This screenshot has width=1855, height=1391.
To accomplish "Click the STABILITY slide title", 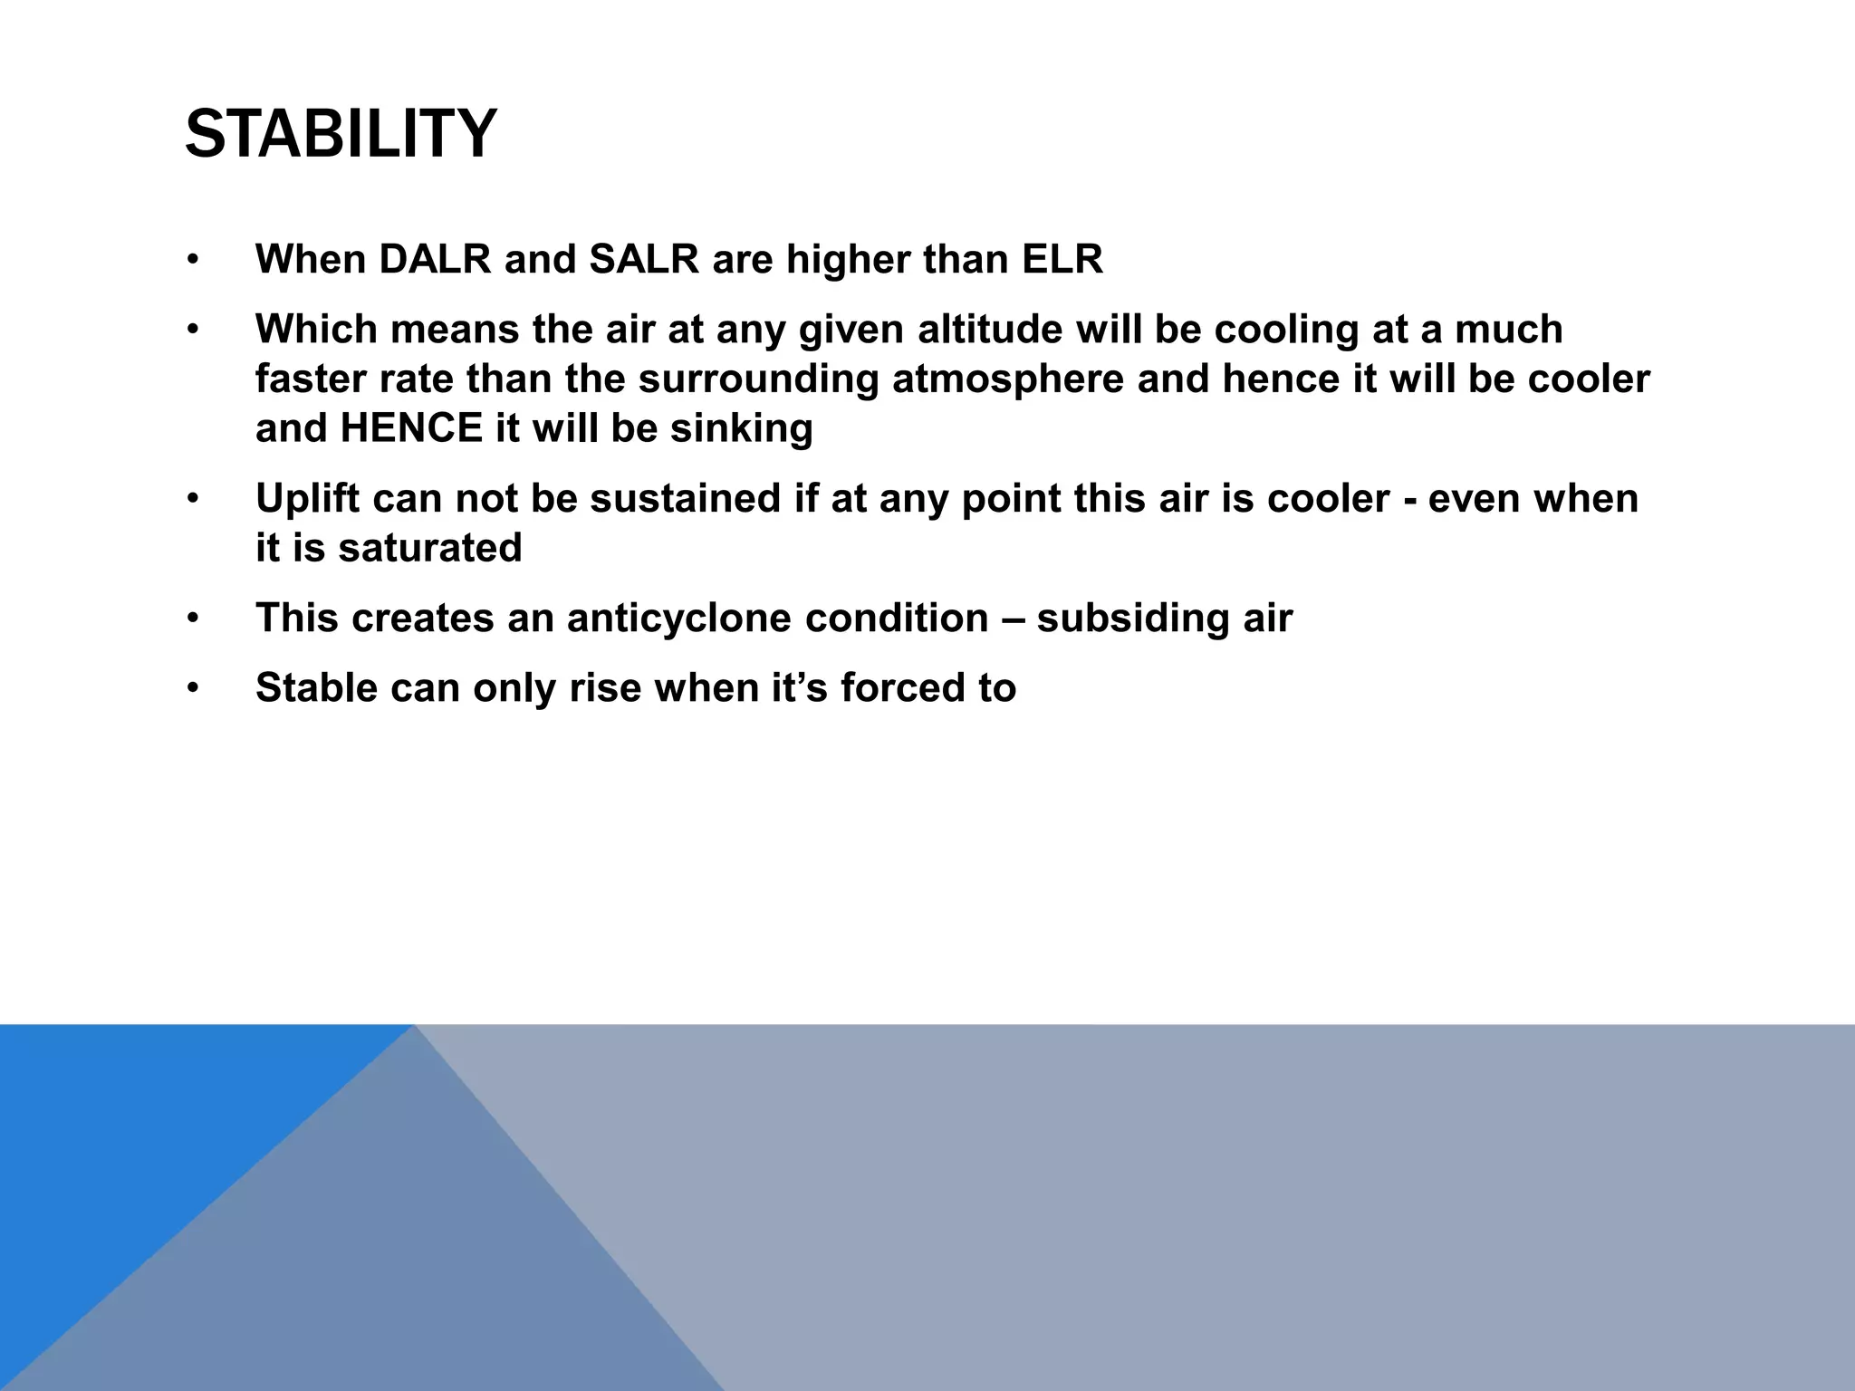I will point(341,134).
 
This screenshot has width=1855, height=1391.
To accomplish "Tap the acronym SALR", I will point(644,260).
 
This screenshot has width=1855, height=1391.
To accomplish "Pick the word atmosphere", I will point(1007,379).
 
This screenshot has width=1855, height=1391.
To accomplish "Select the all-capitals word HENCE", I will point(412,428).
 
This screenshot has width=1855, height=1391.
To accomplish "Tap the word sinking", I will point(741,428).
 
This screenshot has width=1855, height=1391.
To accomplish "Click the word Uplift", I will point(307,499).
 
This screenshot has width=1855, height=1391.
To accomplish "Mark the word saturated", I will point(430,548).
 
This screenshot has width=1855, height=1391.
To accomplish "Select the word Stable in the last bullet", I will point(316,688).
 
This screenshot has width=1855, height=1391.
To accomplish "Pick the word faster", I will point(309,379).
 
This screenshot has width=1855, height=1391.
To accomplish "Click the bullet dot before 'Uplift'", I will point(192,499).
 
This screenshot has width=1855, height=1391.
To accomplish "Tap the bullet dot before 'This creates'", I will point(192,619).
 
